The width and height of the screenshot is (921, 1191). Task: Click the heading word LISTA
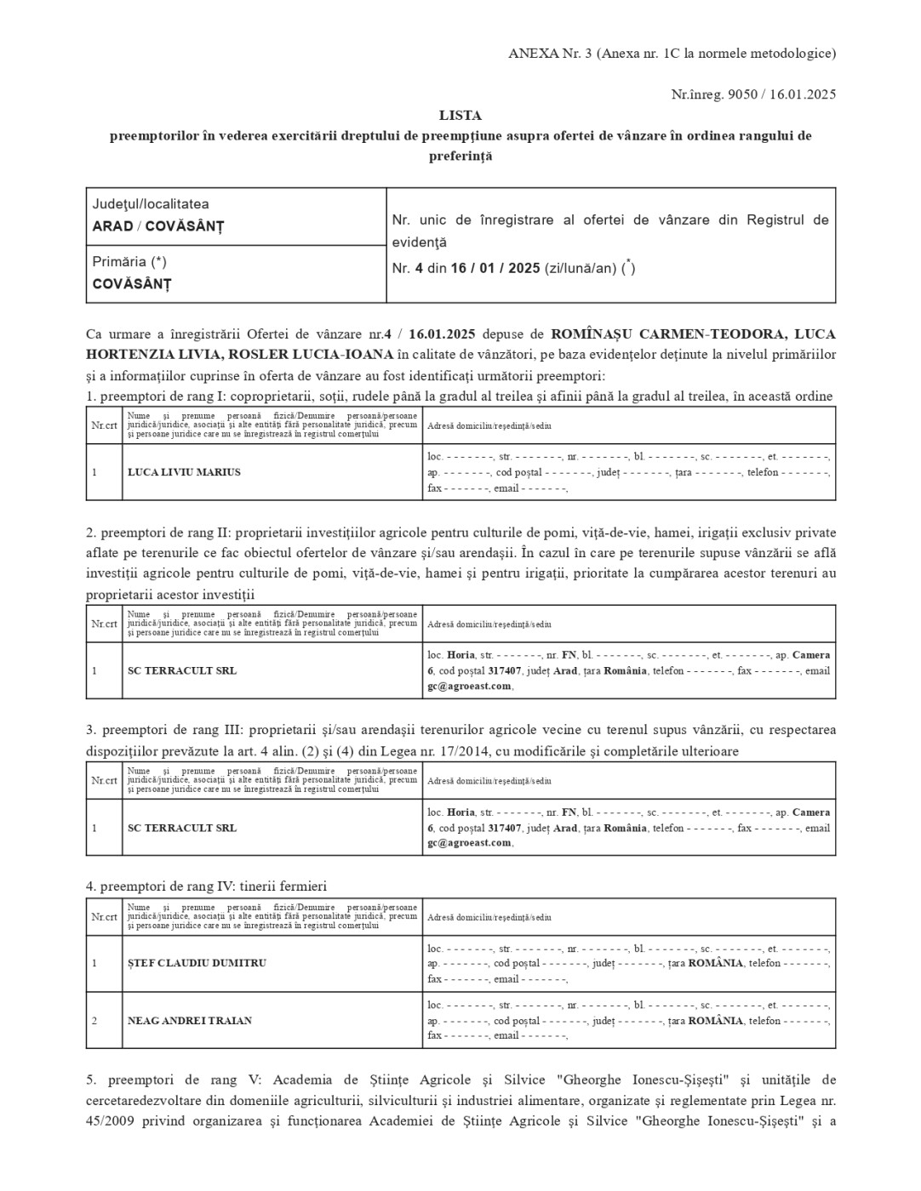pyautogui.click(x=460, y=115)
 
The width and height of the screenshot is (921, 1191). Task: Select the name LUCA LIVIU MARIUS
pyautogui.click(x=184, y=472)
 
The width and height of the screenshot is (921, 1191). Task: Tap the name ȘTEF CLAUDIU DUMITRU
pyautogui.click(x=197, y=963)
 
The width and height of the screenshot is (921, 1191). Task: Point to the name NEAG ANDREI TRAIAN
pyautogui.click(x=190, y=1021)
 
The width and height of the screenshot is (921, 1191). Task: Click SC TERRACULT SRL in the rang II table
pyautogui.click(x=182, y=670)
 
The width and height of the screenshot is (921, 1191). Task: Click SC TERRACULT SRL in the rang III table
pyautogui.click(x=182, y=828)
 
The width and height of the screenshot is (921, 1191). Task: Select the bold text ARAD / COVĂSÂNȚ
pyautogui.click(x=157, y=226)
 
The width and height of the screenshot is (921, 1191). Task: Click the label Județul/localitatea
pyautogui.click(x=151, y=204)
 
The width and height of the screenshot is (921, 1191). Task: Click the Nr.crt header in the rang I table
pyautogui.click(x=104, y=425)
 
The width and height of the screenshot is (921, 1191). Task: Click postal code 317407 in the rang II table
pyautogui.click(x=505, y=670)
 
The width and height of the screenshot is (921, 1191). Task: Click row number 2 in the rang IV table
pyautogui.click(x=94, y=1021)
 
